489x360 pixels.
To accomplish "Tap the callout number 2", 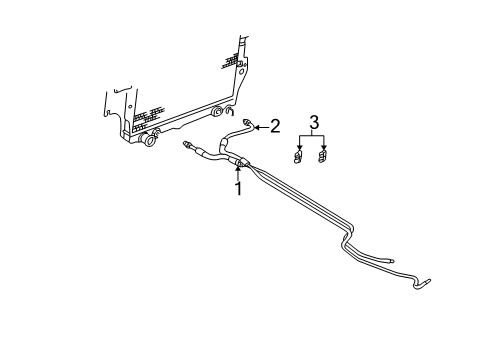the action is click(275, 126).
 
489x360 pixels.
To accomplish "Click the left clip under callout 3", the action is click(299, 155).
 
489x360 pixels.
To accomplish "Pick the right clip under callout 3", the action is click(323, 155).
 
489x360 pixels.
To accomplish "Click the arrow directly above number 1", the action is click(238, 170).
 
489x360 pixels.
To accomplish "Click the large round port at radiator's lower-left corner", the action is click(149, 140).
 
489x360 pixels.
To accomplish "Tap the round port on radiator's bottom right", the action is click(217, 126).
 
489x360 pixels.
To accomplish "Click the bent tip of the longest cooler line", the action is click(428, 284).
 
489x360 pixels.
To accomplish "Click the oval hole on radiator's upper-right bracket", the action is click(240, 72).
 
